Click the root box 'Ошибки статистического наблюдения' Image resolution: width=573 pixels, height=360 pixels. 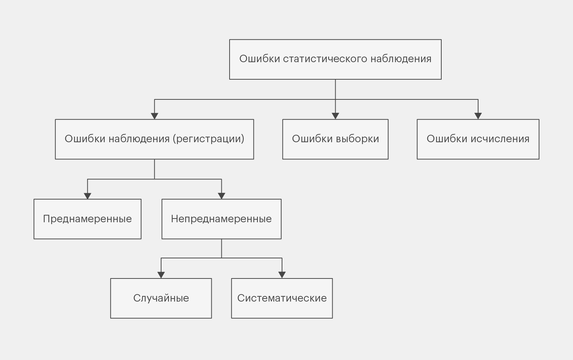pyautogui.click(x=335, y=59)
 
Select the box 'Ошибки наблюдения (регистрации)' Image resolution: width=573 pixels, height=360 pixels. pyautogui.click(x=154, y=139)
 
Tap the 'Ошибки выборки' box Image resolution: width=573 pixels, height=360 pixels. pyautogui.click(x=335, y=139)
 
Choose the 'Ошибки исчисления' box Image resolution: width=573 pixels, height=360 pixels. pyautogui.click(x=478, y=139)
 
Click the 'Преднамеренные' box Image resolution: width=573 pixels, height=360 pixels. pyautogui.click(x=87, y=219)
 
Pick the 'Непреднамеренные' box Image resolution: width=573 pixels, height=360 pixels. pyautogui.click(x=221, y=219)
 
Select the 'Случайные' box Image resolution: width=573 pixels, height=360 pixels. pyautogui.click(x=161, y=298)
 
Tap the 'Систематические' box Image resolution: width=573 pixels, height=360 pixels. pyautogui.click(x=282, y=298)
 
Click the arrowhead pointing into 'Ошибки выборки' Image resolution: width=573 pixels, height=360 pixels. pyautogui.click(x=335, y=116)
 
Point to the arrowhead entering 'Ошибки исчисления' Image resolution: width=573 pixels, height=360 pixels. pyautogui.click(x=478, y=116)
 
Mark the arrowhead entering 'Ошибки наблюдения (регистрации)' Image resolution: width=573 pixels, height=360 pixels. pyautogui.click(x=154, y=116)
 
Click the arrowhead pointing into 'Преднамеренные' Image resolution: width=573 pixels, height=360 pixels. pyautogui.click(x=87, y=196)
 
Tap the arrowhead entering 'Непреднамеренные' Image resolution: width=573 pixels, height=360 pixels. pyautogui.click(x=221, y=196)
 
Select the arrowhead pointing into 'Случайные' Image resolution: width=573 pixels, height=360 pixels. pyautogui.click(x=161, y=275)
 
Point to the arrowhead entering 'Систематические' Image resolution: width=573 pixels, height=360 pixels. pyautogui.click(x=282, y=275)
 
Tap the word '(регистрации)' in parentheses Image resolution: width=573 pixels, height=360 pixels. pyautogui.click(x=208, y=139)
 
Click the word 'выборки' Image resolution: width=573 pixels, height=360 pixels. pyautogui.click(x=357, y=139)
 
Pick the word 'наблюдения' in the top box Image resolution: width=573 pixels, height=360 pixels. pyautogui.click(x=401, y=59)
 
